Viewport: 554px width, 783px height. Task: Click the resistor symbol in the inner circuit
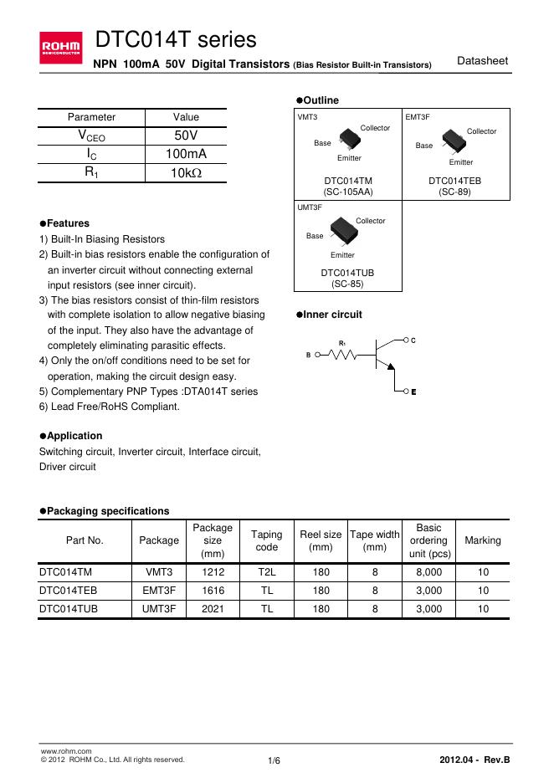(343, 355)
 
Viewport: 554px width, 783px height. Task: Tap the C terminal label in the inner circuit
(413, 340)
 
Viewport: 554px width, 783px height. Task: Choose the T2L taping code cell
(267, 572)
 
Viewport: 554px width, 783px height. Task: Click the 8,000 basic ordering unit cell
(429, 572)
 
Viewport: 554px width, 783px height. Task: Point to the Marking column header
(483, 540)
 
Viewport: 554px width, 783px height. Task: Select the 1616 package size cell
(213, 591)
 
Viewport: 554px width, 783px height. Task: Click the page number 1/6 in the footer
(274, 760)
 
